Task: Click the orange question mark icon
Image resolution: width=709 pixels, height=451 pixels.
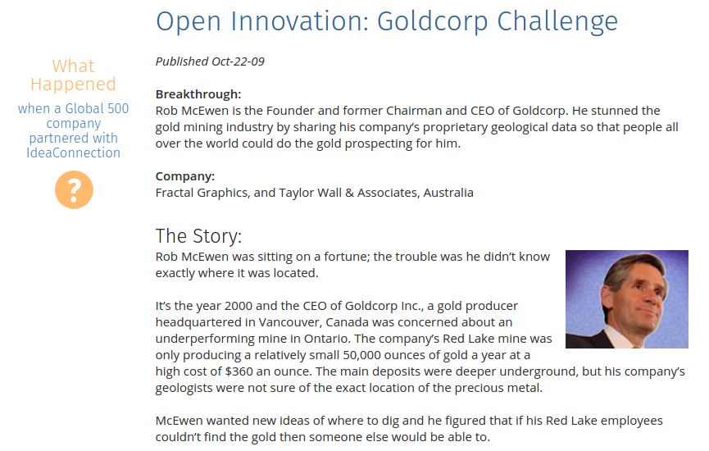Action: point(74,189)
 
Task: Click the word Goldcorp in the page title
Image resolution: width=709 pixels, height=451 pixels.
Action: point(432,21)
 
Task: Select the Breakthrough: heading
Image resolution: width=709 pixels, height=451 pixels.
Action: point(198,94)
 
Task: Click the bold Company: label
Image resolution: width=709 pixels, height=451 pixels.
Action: point(185,176)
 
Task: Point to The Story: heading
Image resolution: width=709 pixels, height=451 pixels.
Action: point(199,235)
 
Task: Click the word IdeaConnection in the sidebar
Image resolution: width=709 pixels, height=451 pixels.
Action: point(73,153)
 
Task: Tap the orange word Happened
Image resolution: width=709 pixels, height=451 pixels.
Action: point(73,84)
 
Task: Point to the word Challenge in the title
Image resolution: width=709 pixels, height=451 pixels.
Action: point(557,21)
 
